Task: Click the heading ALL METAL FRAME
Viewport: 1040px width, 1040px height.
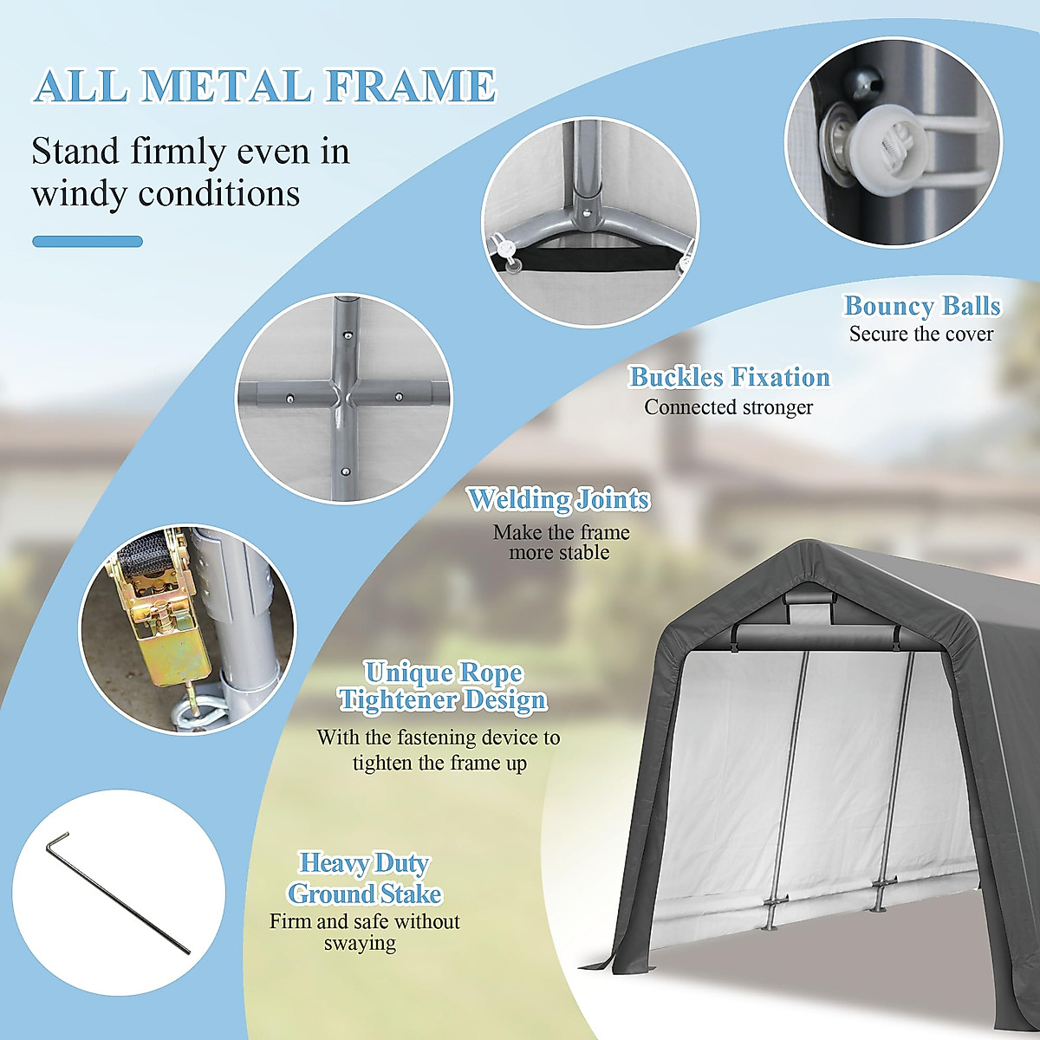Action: coord(264,86)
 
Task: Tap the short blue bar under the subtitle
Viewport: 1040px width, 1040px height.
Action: coord(88,242)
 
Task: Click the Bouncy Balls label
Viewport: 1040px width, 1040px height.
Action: coord(922,306)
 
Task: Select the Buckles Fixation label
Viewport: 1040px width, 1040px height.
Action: coord(729,377)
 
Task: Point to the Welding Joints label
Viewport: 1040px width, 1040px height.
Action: coord(558,499)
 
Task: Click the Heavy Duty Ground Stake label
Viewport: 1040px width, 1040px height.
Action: coord(365,878)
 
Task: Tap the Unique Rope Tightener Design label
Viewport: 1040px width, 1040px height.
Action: coord(443,686)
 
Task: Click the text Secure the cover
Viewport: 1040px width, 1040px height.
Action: coord(921,334)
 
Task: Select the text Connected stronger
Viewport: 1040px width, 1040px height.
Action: coord(728,406)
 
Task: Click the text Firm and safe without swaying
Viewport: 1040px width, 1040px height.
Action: coord(364,932)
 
